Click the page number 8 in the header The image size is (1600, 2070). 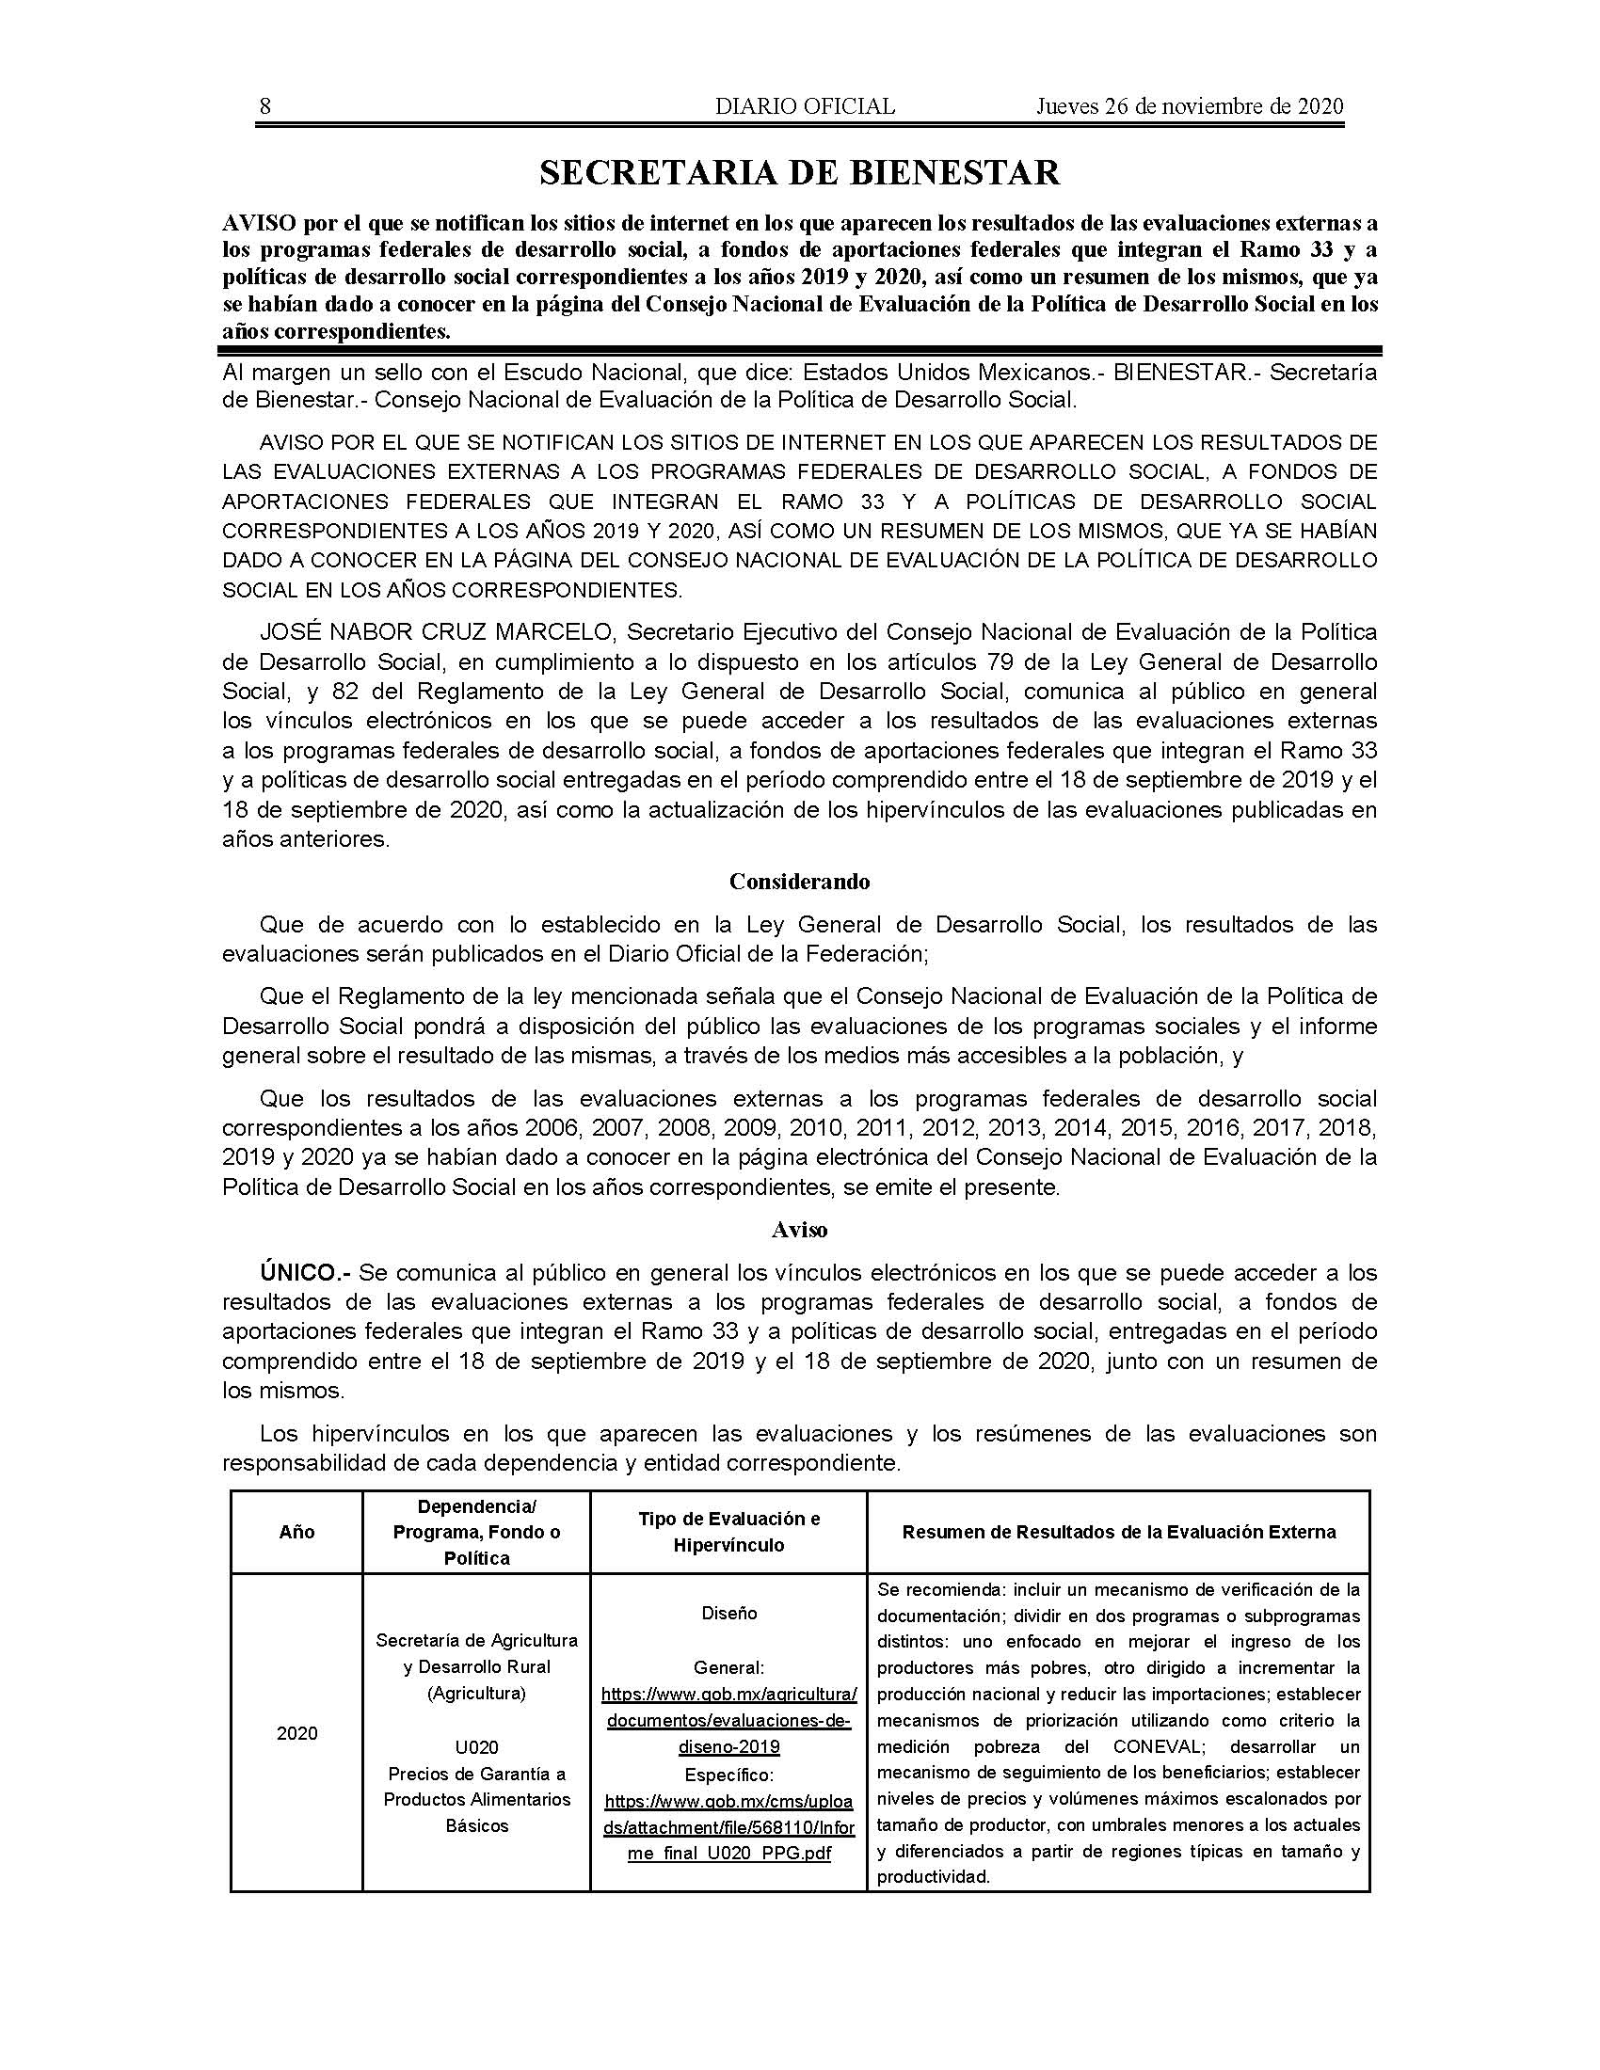(264, 106)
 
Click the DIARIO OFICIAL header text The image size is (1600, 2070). (805, 106)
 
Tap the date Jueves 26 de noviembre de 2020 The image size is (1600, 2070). (1189, 106)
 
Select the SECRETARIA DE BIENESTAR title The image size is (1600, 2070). (799, 172)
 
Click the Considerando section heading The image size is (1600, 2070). (799, 882)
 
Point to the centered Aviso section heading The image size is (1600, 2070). (799, 1231)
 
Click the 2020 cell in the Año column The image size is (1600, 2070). (296, 1733)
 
